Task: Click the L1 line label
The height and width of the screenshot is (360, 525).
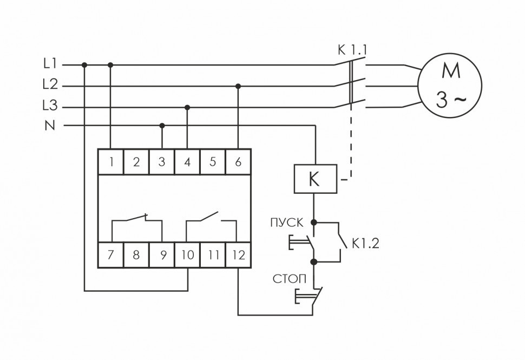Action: pos(50,64)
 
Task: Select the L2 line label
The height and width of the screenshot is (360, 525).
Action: pos(50,85)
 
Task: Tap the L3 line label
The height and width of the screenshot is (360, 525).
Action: pos(50,106)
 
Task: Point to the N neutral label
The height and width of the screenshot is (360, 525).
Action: pos(50,126)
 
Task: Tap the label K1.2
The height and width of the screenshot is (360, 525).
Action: pos(365,244)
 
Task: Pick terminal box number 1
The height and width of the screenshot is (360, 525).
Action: pos(110,161)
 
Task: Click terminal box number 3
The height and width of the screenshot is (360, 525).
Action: pos(162,161)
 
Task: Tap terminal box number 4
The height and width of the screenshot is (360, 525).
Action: pos(187,161)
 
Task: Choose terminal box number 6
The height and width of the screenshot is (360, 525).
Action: pos(238,161)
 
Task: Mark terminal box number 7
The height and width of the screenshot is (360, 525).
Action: pos(110,255)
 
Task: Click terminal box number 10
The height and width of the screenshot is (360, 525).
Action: pos(187,255)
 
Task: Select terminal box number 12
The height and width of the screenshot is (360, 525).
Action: pos(238,255)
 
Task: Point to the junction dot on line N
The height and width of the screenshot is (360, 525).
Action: pos(162,126)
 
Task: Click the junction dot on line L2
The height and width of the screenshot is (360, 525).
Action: pos(238,86)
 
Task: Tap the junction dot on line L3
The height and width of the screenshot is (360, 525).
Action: pos(187,107)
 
